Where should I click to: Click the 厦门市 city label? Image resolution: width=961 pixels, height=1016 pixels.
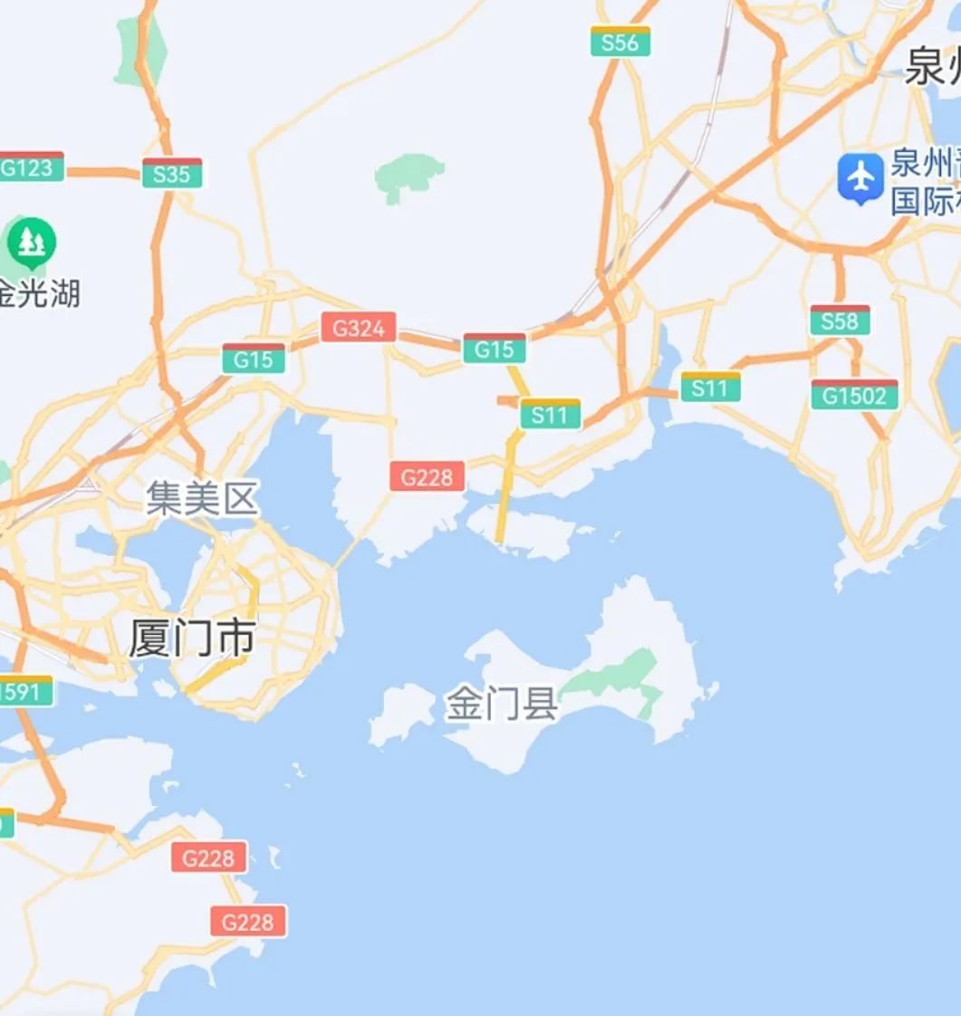[x=191, y=639]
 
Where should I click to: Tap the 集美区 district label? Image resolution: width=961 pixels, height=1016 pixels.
[x=202, y=499]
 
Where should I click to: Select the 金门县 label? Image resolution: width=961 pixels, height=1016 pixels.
[x=501, y=704]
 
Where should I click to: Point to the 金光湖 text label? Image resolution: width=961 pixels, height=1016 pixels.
[x=40, y=292]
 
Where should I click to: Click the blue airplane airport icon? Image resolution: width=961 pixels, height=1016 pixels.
[x=860, y=177]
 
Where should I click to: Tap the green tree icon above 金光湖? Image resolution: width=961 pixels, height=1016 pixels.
[x=32, y=242]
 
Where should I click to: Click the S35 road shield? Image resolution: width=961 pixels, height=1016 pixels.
[x=172, y=173]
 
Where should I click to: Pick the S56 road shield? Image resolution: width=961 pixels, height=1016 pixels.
[x=620, y=42]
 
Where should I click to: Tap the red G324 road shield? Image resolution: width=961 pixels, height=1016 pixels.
[x=359, y=327]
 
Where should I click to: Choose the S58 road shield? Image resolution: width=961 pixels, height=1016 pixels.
[x=840, y=321]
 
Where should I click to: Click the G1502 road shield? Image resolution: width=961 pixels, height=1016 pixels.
[x=854, y=395]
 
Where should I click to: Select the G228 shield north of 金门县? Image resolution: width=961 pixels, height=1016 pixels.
[x=428, y=476]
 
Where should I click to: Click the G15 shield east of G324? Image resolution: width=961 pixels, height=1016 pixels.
[x=495, y=349]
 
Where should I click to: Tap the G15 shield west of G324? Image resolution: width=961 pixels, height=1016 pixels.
[x=254, y=359]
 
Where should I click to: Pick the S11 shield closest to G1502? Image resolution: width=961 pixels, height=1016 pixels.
[x=710, y=388]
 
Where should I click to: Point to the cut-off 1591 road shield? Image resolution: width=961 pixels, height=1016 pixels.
[x=24, y=692]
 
